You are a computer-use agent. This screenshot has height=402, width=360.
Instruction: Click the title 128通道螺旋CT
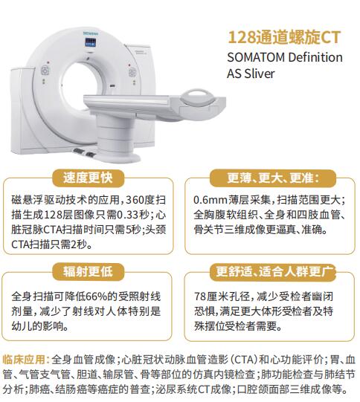coord(284,38)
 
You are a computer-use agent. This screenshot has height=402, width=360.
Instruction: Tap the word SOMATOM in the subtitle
coord(256,57)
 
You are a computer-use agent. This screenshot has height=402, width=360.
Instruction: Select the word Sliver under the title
coord(259,74)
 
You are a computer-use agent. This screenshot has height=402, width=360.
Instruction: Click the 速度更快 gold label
coord(88,178)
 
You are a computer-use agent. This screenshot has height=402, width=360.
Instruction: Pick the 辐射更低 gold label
coord(88,271)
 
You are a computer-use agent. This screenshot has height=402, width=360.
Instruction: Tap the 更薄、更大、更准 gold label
coord(273,178)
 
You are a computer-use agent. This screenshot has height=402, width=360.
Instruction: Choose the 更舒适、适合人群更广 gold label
coord(273,272)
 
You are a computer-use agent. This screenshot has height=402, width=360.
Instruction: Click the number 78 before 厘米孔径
coord(200,296)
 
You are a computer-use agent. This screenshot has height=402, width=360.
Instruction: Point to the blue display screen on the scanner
coord(90,42)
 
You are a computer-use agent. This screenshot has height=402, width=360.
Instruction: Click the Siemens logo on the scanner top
coord(91,33)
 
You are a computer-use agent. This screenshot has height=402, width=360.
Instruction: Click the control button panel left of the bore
coord(45,71)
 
